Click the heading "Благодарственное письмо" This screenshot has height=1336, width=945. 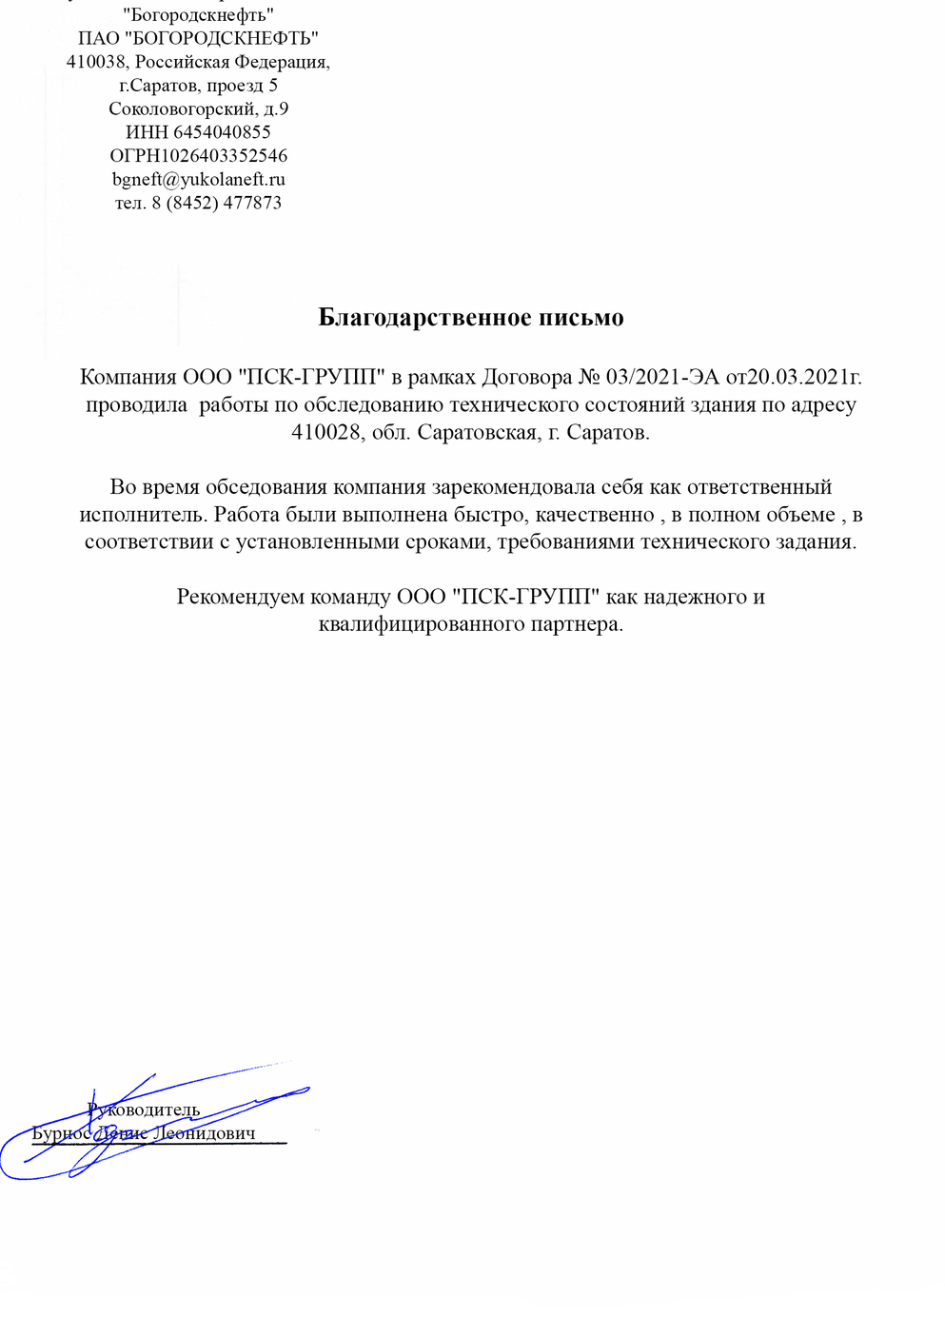471,318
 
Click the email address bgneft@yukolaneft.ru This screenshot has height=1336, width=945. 198,179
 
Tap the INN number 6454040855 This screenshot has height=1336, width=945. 222,132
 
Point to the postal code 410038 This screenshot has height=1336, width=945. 96,62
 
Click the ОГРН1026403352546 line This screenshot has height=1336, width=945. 198,155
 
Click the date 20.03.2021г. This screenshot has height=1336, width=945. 805,377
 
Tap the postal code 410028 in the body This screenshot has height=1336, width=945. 326,432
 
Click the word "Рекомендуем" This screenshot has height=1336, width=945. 241,597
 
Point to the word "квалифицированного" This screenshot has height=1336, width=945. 410,624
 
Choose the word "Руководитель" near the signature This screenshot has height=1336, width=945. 144,1110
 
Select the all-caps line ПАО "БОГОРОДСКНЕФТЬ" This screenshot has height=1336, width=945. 198,38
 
